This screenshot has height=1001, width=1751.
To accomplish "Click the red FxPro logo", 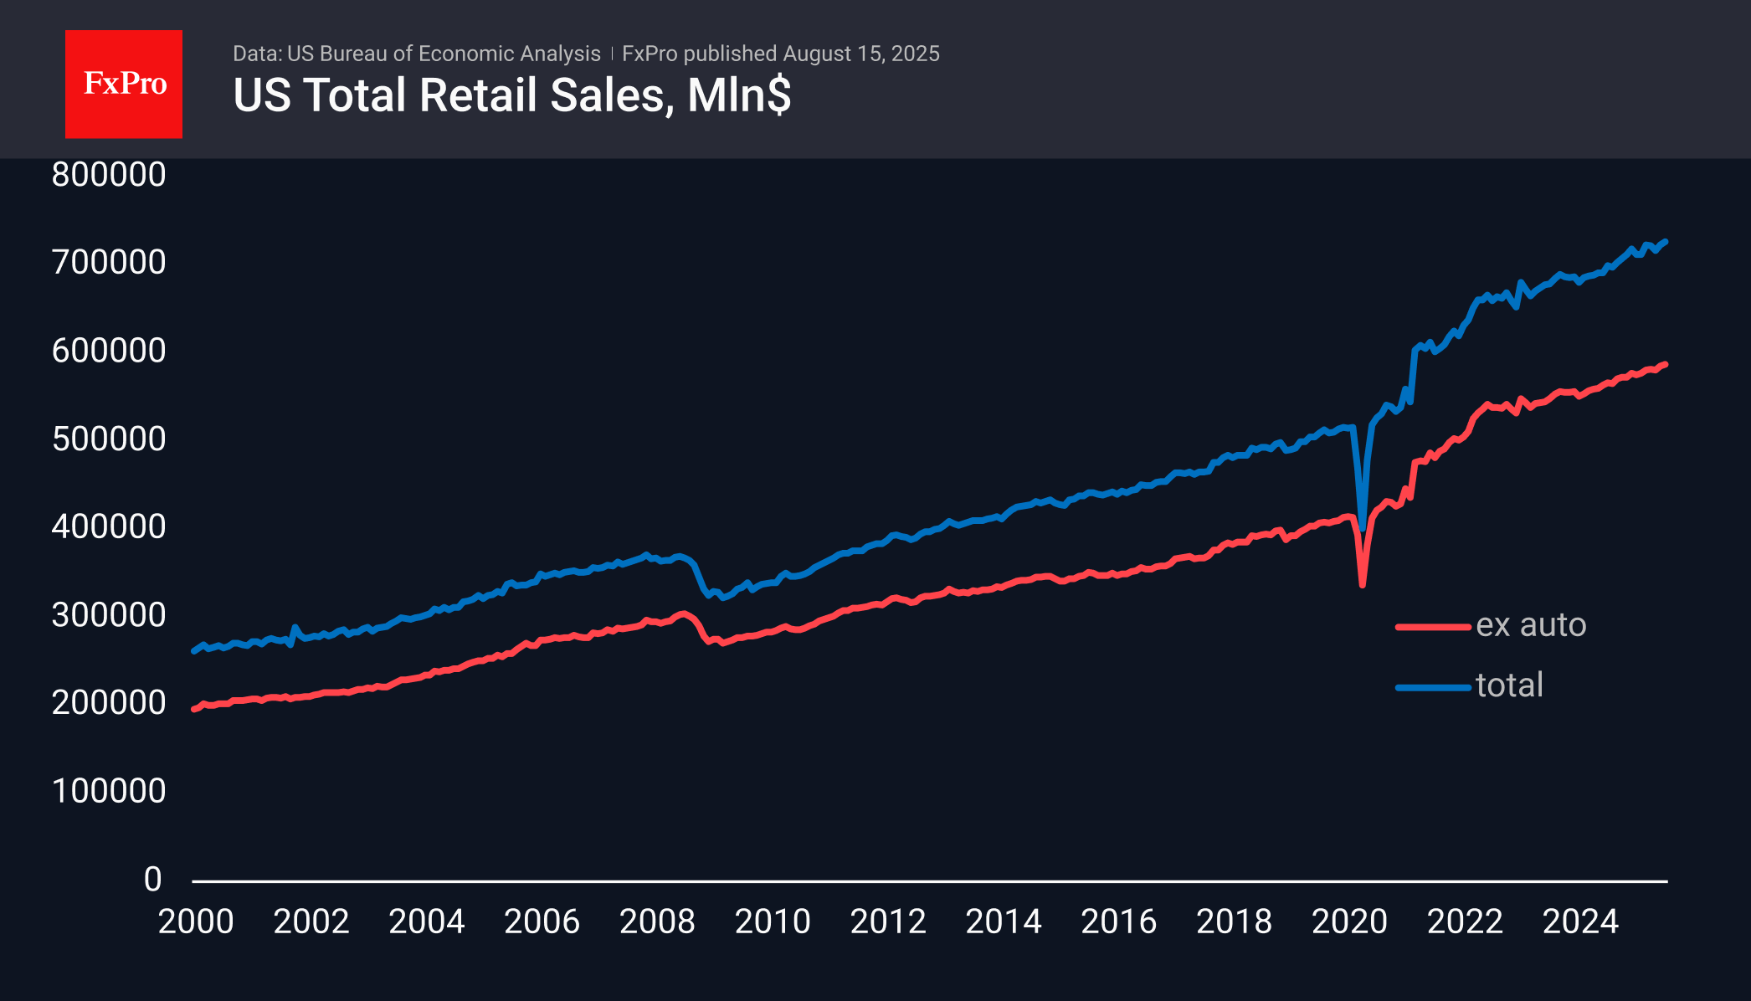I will tap(124, 84).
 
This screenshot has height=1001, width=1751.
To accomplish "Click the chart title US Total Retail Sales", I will tap(511, 95).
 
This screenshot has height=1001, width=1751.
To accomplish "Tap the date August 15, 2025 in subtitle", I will tap(861, 54).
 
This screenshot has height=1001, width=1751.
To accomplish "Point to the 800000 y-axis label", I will tap(109, 175).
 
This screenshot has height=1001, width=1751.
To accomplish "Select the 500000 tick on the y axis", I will tap(109, 439).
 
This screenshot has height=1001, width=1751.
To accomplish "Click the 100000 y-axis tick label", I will tap(109, 791).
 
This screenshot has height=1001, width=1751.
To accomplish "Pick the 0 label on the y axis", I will tap(152, 880).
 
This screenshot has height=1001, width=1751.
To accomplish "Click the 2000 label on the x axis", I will tap(196, 922).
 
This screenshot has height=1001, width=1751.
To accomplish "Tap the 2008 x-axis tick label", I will tap(657, 922).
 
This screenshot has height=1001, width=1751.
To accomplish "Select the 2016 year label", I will tap(1118, 922).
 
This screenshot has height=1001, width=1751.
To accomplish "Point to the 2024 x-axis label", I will tap(1580, 922).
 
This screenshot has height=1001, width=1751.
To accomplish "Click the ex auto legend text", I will tap(1531, 625).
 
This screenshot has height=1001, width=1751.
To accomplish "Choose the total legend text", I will tap(1509, 685).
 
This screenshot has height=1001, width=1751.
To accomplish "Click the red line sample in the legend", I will tap(1433, 627).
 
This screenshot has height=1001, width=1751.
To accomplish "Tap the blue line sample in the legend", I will tap(1433, 688).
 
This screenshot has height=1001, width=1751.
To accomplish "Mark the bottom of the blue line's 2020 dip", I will tap(1363, 528).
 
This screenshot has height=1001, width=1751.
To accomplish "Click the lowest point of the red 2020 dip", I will tap(1363, 584).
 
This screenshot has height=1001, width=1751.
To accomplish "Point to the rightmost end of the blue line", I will tap(1666, 242).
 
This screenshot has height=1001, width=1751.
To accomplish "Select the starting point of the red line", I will tap(194, 709).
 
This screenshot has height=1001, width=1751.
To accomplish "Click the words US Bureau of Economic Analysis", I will tap(444, 54).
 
